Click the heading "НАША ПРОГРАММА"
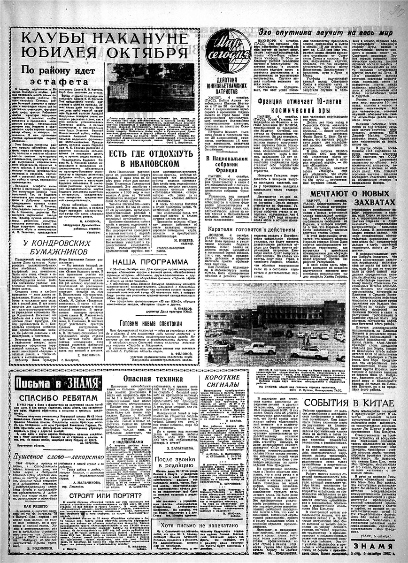pyautogui.click(x=154, y=261)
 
